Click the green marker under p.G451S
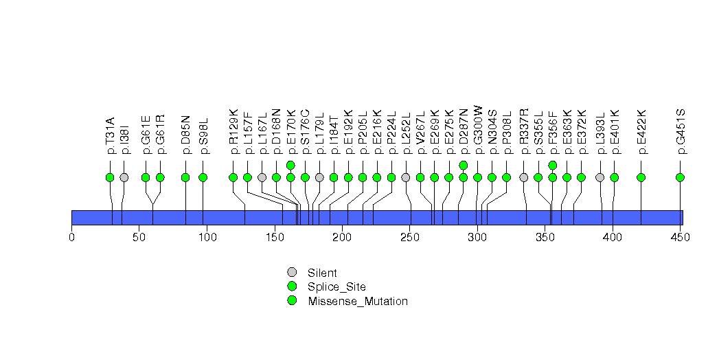(681, 177)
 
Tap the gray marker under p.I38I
(124, 177)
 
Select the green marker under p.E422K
(641, 177)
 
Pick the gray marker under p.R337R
(524, 177)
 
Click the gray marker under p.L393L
(600, 177)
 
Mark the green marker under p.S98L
(203, 177)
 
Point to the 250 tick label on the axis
(409, 238)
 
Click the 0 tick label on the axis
(71, 238)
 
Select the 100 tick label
(207, 238)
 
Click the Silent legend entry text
(322, 273)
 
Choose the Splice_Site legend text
(336, 286)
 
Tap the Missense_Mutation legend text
(358, 301)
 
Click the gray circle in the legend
(292, 272)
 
